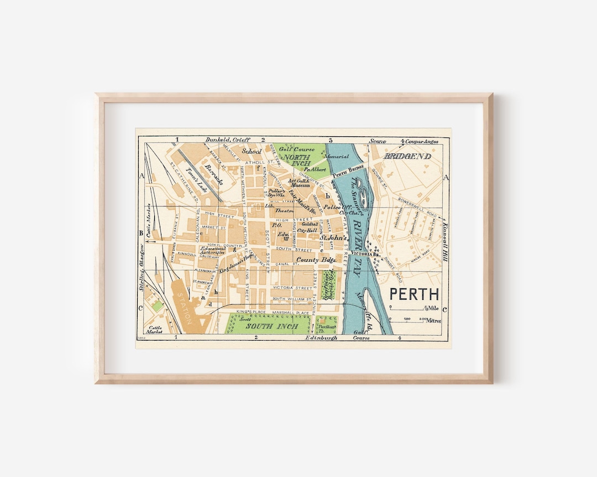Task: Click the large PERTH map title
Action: pos(414,294)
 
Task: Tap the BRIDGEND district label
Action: pos(407,157)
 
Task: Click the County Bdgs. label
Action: pos(313,259)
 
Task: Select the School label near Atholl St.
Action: pos(252,151)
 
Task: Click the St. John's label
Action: pos(334,237)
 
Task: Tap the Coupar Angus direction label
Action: pos(422,141)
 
